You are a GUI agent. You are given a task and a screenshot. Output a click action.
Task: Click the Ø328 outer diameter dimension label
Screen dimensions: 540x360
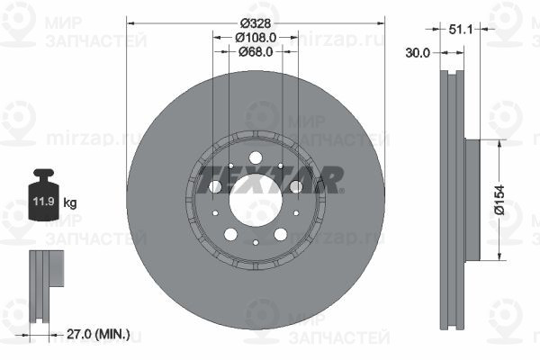[256, 23]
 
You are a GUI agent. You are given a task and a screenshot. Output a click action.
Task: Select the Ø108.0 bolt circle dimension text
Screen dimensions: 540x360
[256, 37]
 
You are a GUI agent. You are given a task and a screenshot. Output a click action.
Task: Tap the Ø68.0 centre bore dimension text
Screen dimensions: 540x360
[256, 51]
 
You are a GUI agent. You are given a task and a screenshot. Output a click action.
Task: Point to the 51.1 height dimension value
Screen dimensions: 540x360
[461, 30]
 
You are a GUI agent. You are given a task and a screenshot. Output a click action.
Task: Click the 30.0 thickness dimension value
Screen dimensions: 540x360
[418, 53]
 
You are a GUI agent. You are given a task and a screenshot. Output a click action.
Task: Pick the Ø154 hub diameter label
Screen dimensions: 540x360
[500, 200]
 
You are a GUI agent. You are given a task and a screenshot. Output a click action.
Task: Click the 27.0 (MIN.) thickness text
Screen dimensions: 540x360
[98, 334]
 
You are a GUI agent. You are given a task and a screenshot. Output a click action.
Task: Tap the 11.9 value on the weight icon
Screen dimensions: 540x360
[44, 202]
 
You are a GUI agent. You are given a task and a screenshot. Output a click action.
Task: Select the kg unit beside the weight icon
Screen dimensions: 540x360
[70, 202]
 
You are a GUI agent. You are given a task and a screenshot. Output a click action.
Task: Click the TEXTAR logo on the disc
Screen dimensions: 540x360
[270, 179]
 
